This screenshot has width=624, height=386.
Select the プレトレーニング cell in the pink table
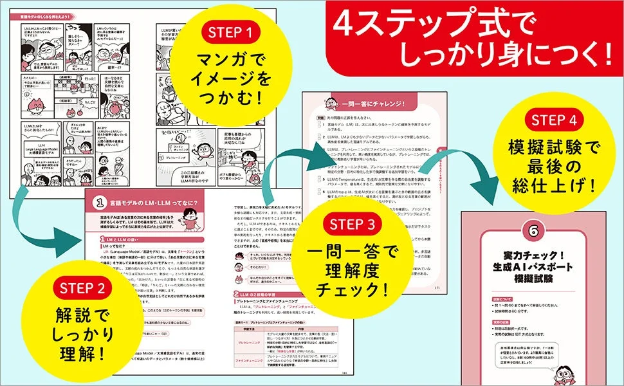[247, 343]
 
